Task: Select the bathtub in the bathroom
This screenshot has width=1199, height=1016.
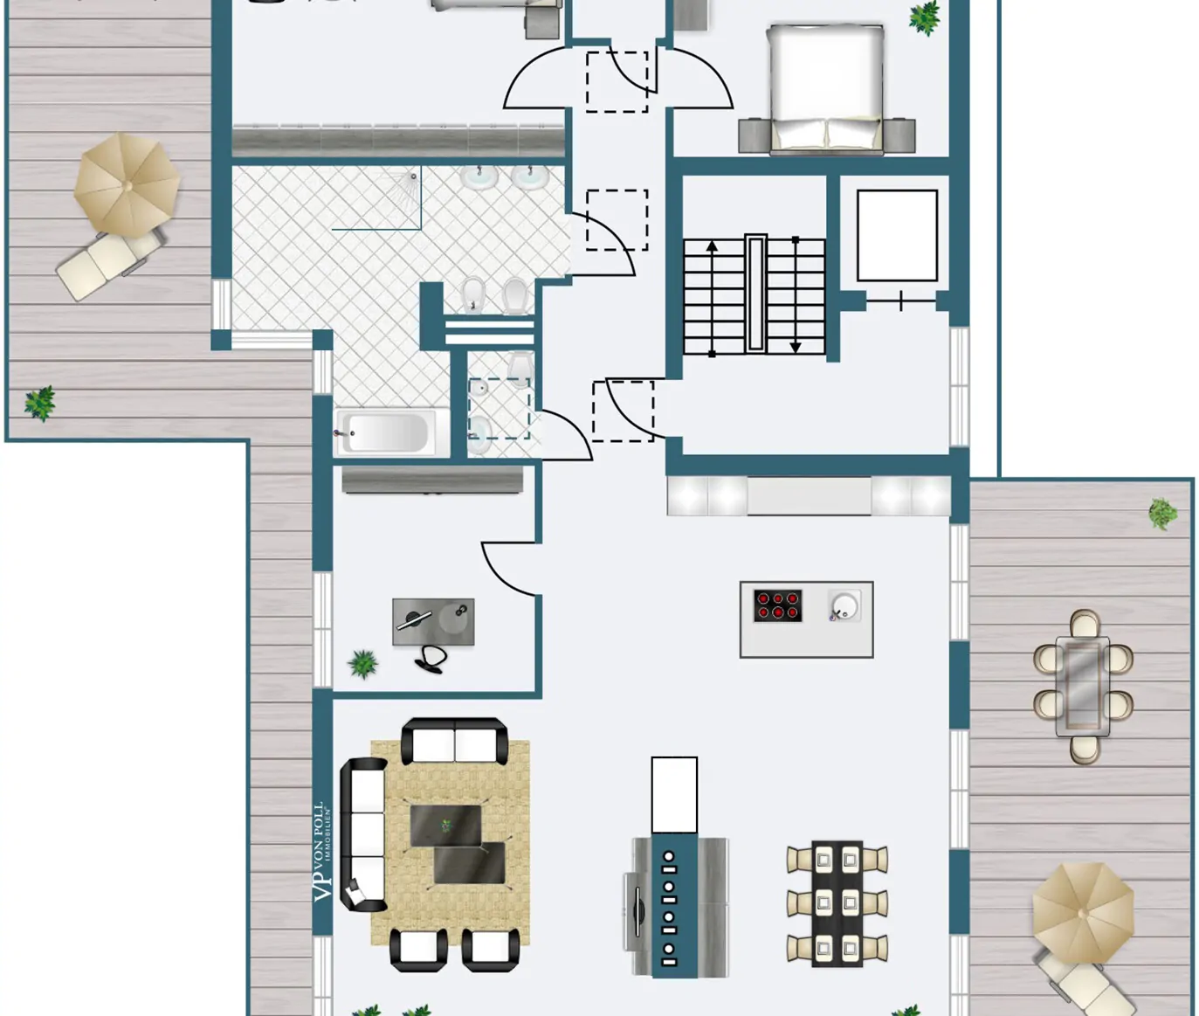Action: point(385,432)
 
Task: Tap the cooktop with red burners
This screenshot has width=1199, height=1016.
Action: point(777,605)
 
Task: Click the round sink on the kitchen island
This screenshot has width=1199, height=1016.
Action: point(844,605)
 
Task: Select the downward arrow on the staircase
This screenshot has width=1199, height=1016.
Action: point(796,346)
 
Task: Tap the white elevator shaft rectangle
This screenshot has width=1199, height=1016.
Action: point(897,235)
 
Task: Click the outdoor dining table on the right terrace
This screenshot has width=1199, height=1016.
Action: point(1083,686)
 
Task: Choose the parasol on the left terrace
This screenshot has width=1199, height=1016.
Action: point(127,184)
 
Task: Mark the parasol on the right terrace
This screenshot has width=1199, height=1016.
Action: point(1083,912)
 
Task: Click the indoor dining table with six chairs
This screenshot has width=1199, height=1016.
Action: point(837,903)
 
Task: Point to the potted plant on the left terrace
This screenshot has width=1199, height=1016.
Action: point(39,403)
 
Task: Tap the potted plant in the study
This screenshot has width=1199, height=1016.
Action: point(363,664)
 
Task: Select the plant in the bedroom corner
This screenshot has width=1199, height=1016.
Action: point(924,17)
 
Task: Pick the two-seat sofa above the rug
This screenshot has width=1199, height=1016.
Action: point(454,743)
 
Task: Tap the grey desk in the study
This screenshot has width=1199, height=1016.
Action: point(433,620)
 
